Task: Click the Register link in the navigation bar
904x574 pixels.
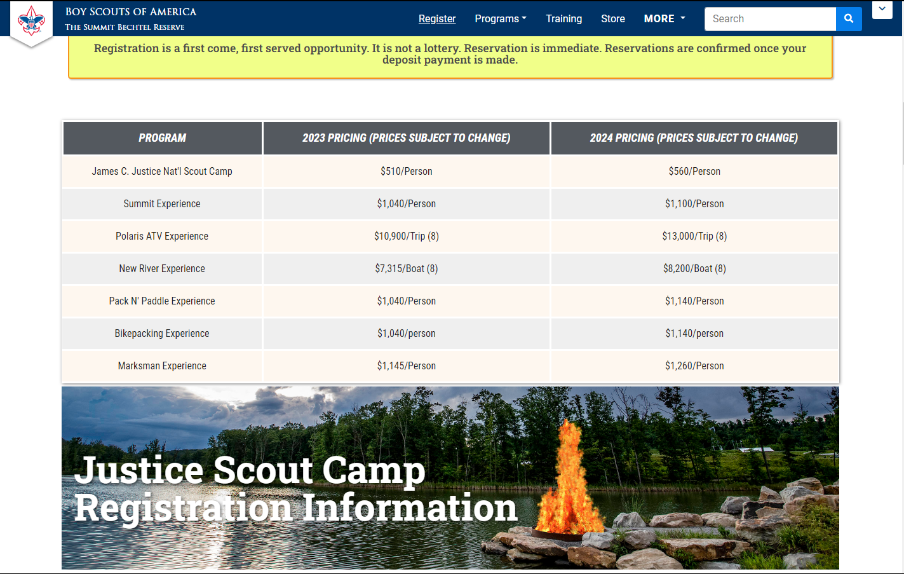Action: click(436, 18)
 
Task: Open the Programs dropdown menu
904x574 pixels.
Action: click(501, 18)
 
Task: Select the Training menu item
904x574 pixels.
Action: click(563, 18)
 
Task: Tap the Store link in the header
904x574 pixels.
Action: click(612, 18)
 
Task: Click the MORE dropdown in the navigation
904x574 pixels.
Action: click(665, 18)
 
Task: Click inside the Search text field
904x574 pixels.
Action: click(770, 18)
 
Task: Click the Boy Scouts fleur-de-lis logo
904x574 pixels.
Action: click(31, 20)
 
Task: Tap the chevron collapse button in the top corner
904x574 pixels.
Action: click(882, 9)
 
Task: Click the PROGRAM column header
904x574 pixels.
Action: click(162, 138)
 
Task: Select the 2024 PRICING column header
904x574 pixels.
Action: click(694, 138)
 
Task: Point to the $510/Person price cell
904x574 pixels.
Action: click(407, 171)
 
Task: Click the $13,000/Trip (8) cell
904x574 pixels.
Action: click(694, 236)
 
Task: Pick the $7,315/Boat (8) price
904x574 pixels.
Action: click(407, 269)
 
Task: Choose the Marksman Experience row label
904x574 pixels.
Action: click(162, 366)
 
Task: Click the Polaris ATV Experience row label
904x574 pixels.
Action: click(162, 236)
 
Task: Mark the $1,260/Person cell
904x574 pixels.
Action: click(694, 366)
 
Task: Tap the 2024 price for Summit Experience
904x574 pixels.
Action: click(694, 203)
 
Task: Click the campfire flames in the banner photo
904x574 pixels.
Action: click(569, 481)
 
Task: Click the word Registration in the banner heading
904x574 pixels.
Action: click(184, 508)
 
